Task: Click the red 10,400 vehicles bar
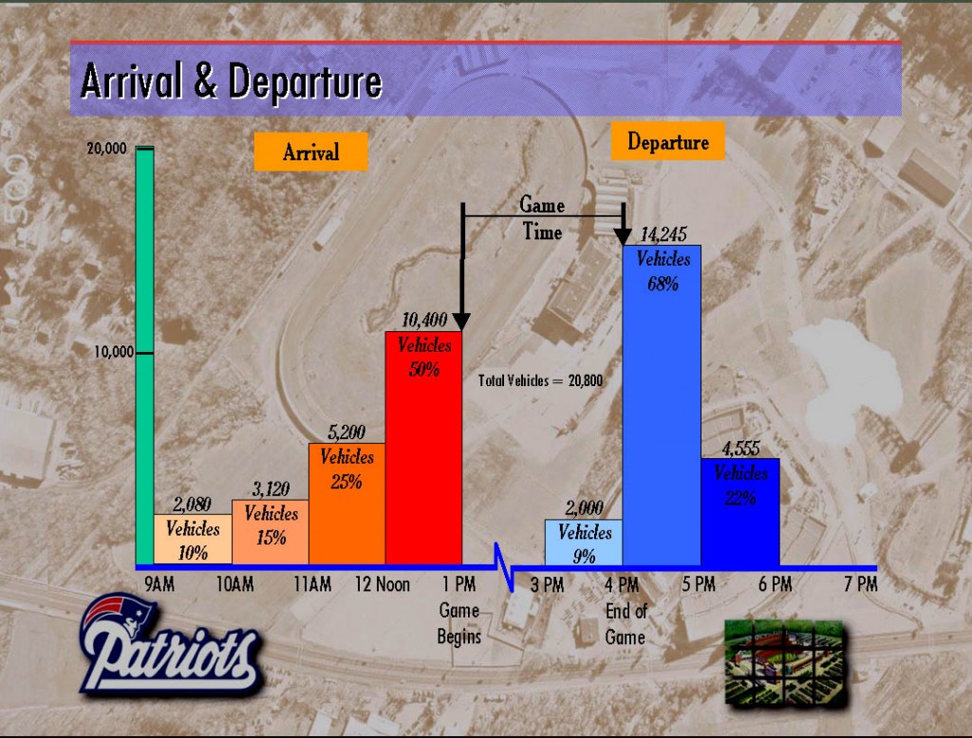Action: coord(423,448)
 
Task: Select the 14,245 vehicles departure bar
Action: coord(662,405)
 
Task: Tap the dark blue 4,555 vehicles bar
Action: coord(740,512)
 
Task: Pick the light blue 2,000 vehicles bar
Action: coord(584,543)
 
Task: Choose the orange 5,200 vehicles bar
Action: coord(347,504)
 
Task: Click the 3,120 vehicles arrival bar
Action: coord(271,531)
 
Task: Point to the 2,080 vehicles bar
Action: coord(193,539)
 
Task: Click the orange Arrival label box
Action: coord(310,152)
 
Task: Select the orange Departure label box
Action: coord(667,141)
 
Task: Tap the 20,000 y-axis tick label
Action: coord(106,148)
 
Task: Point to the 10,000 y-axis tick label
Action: coord(114,352)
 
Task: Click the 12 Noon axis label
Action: coord(383,583)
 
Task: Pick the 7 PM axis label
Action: coord(860,583)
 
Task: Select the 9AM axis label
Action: coord(159,583)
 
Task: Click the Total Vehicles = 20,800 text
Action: coord(540,380)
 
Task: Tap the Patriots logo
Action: coord(169,644)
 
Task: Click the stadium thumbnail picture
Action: coord(784,663)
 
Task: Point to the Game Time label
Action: coord(542,218)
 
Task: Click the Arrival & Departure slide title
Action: coord(231,81)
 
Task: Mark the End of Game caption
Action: coord(626,624)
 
